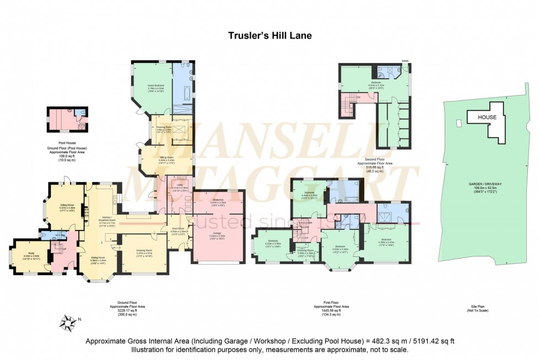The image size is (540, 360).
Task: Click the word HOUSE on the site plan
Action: (487, 117)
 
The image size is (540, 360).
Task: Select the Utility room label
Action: (180, 187)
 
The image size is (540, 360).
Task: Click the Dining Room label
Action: (98, 259)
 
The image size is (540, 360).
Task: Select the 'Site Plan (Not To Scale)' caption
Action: (487, 308)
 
